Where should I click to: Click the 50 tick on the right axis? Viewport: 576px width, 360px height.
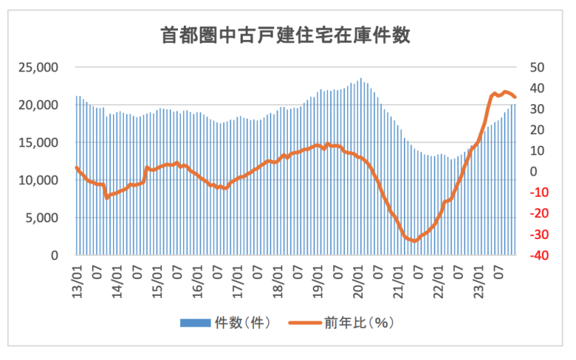[x=537, y=68]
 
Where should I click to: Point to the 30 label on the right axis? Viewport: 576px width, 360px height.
[x=537, y=109]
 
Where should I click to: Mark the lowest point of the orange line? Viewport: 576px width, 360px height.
[x=414, y=240]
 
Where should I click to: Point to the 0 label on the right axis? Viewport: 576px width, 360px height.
[x=533, y=172]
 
